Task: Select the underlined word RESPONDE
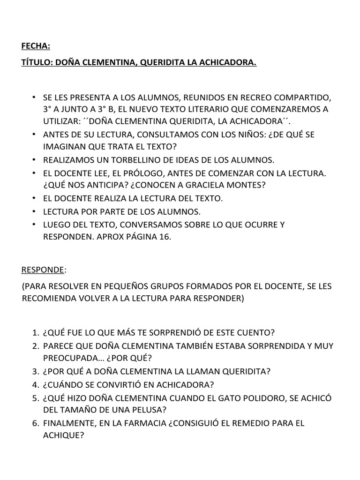pyautogui.click(x=43, y=270)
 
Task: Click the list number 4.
pyautogui.click(x=35, y=385)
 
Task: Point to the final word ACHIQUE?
pyautogui.click(x=63, y=435)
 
